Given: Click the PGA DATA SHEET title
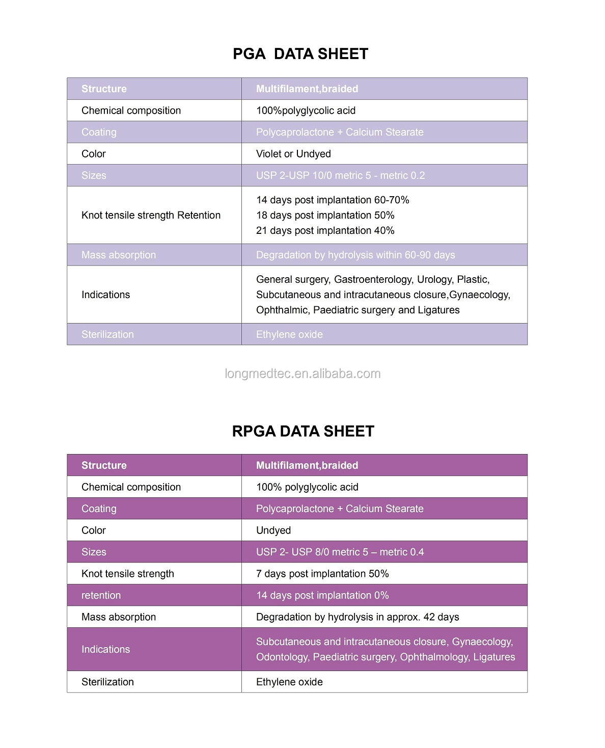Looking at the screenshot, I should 300,54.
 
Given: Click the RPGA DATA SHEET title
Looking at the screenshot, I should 303,432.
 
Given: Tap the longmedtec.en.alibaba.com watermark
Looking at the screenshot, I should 302,374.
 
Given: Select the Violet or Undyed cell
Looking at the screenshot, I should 293,154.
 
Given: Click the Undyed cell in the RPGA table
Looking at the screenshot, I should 273,530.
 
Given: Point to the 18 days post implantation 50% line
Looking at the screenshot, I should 325,216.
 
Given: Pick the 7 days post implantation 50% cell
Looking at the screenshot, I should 322,574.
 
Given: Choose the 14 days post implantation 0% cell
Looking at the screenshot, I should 322,596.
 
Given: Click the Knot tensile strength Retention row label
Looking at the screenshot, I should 151,216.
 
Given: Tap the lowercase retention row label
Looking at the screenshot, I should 101,596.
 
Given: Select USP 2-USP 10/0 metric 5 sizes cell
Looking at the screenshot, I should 340,176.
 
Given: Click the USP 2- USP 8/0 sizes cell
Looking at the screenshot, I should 340,552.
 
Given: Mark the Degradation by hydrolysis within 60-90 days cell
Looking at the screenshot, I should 355,255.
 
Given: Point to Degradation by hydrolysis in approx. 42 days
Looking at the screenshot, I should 358,617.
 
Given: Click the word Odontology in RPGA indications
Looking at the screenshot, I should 282,657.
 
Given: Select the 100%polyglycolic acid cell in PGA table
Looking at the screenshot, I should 306,111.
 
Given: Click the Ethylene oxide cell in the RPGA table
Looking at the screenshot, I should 289,682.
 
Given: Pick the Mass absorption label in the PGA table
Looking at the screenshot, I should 119,255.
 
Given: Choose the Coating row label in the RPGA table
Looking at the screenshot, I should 99,509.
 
